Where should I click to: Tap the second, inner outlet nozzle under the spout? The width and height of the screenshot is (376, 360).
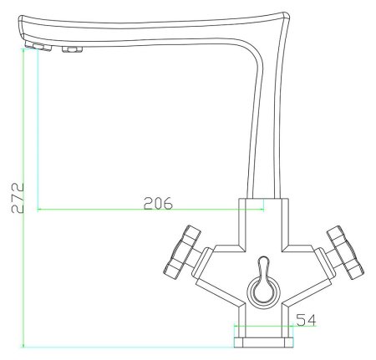pos(70,52)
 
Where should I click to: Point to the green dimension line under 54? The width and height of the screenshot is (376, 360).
pos(265,327)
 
